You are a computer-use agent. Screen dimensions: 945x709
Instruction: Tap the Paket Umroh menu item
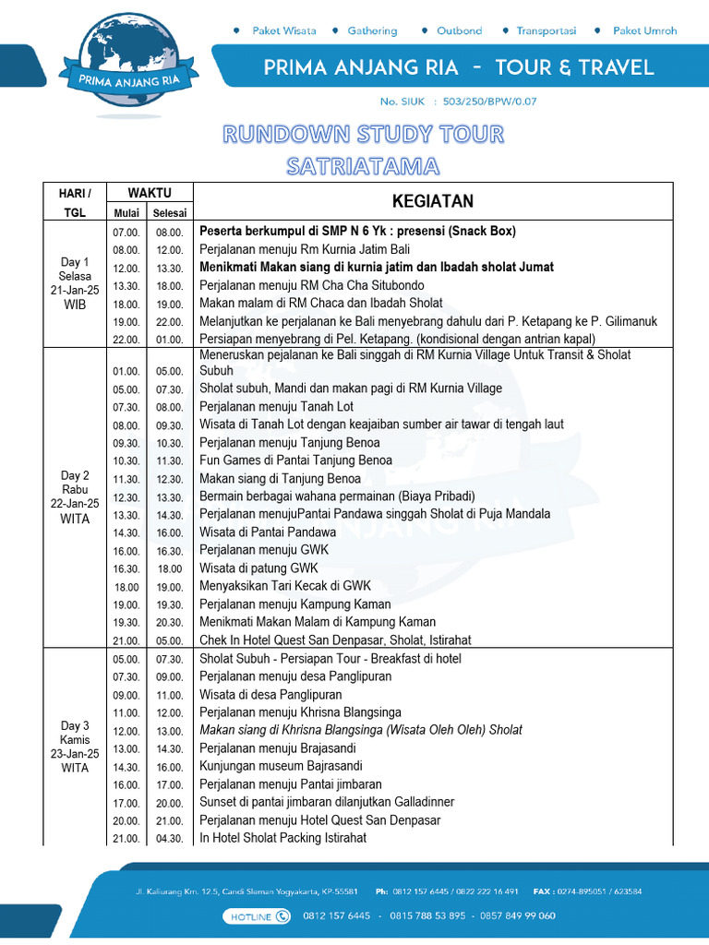tap(644, 30)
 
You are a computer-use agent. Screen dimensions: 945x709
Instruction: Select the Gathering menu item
tap(372, 30)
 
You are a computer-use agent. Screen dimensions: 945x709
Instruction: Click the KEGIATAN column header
tap(433, 201)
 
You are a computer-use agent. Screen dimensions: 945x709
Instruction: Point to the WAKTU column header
tap(150, 192)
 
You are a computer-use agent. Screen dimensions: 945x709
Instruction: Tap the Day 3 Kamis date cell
tap(75, 747)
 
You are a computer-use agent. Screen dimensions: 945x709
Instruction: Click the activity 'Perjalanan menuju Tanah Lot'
tap(276, 406)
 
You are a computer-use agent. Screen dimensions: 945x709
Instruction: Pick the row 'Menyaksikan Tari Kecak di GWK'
tap(285, 586)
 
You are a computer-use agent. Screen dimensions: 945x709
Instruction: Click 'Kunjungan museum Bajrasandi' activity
tap(281, 766)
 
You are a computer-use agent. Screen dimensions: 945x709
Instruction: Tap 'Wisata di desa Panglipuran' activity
tap(270, 694)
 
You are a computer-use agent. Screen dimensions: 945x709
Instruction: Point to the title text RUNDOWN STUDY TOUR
tap(363, 135)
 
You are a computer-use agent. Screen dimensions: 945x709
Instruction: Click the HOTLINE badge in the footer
tap(256, 915)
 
